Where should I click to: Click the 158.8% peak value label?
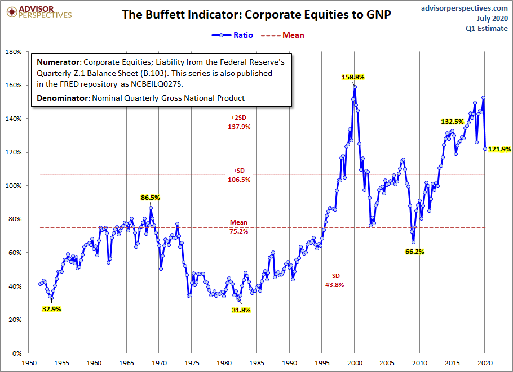pos(353,78)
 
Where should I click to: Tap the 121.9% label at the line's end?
pos(499,149)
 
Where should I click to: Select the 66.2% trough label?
pos(414,252)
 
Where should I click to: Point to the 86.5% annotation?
pos(150,198)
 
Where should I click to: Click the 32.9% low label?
pos(52,309)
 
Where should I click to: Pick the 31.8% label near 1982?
pos(241,310)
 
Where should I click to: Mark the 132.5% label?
pos(453,122)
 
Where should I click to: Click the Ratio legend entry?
pos(232,35)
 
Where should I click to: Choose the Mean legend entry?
pos(282,35)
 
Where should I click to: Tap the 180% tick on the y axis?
pos(14,52)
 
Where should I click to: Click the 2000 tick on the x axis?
pos(355,363)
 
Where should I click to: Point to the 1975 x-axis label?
pos(192,363)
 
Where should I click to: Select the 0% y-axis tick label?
pos(17,353)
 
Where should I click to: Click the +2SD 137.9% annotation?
pos(239,122)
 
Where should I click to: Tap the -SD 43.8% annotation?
pos(334,280)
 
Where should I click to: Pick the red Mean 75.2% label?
pos(239,227)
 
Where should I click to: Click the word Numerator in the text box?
pos(58,62)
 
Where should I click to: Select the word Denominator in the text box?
pos(63,98)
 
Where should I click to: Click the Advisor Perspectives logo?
pos(39,12)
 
